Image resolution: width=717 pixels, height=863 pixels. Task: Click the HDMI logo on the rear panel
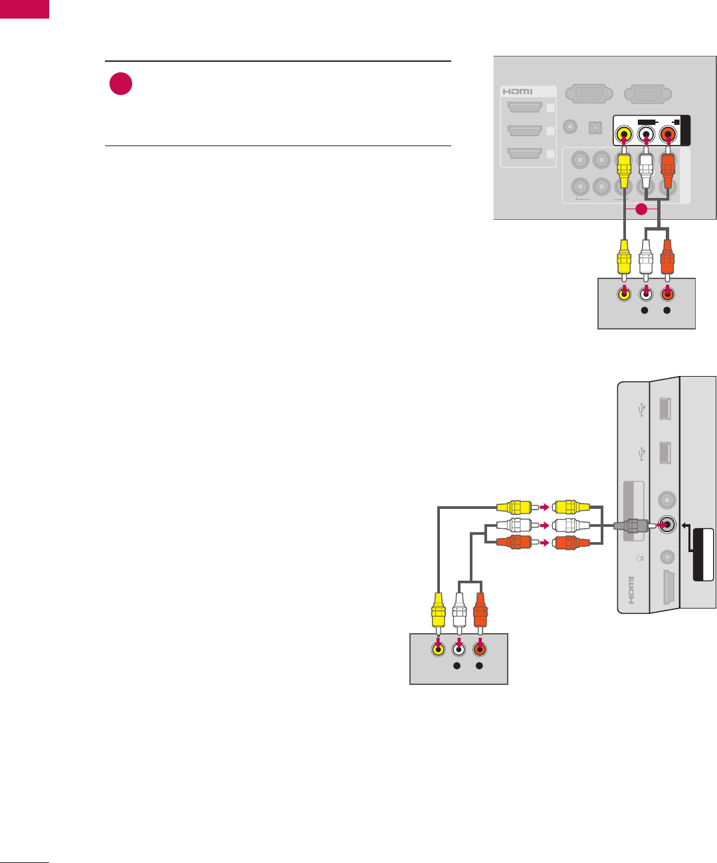tap(518, 91)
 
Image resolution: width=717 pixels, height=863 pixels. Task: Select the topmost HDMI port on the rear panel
tap(524, 108)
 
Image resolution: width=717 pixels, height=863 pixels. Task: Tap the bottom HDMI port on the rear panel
tap(524, 154)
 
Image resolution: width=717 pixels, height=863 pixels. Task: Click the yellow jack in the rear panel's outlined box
tap(623, 134)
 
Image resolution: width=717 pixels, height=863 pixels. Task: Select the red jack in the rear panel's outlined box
tap(668, 134)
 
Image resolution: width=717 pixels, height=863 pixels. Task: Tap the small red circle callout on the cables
tap(641, 210)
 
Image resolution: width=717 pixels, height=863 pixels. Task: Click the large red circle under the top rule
tap(121, 84)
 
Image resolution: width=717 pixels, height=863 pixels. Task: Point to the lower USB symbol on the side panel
tap(641, 453)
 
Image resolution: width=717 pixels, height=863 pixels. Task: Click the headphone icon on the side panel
tap(637, 557)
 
